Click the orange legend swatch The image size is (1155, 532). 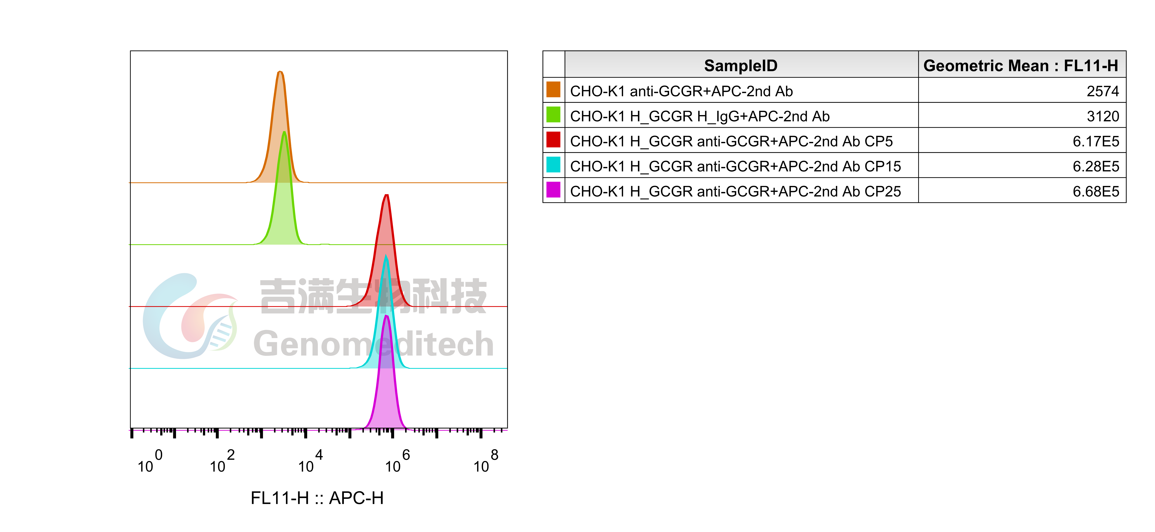(x=553, y=89)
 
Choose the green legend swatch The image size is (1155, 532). (x=553, y=114)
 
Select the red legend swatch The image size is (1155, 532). (x=553, y=139)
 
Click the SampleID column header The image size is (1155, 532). (x=741, y=66)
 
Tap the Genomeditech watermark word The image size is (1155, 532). (x=373, y=344)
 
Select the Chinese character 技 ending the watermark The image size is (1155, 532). (x=469, y=296)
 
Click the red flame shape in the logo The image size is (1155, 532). (x=202, y=316)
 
